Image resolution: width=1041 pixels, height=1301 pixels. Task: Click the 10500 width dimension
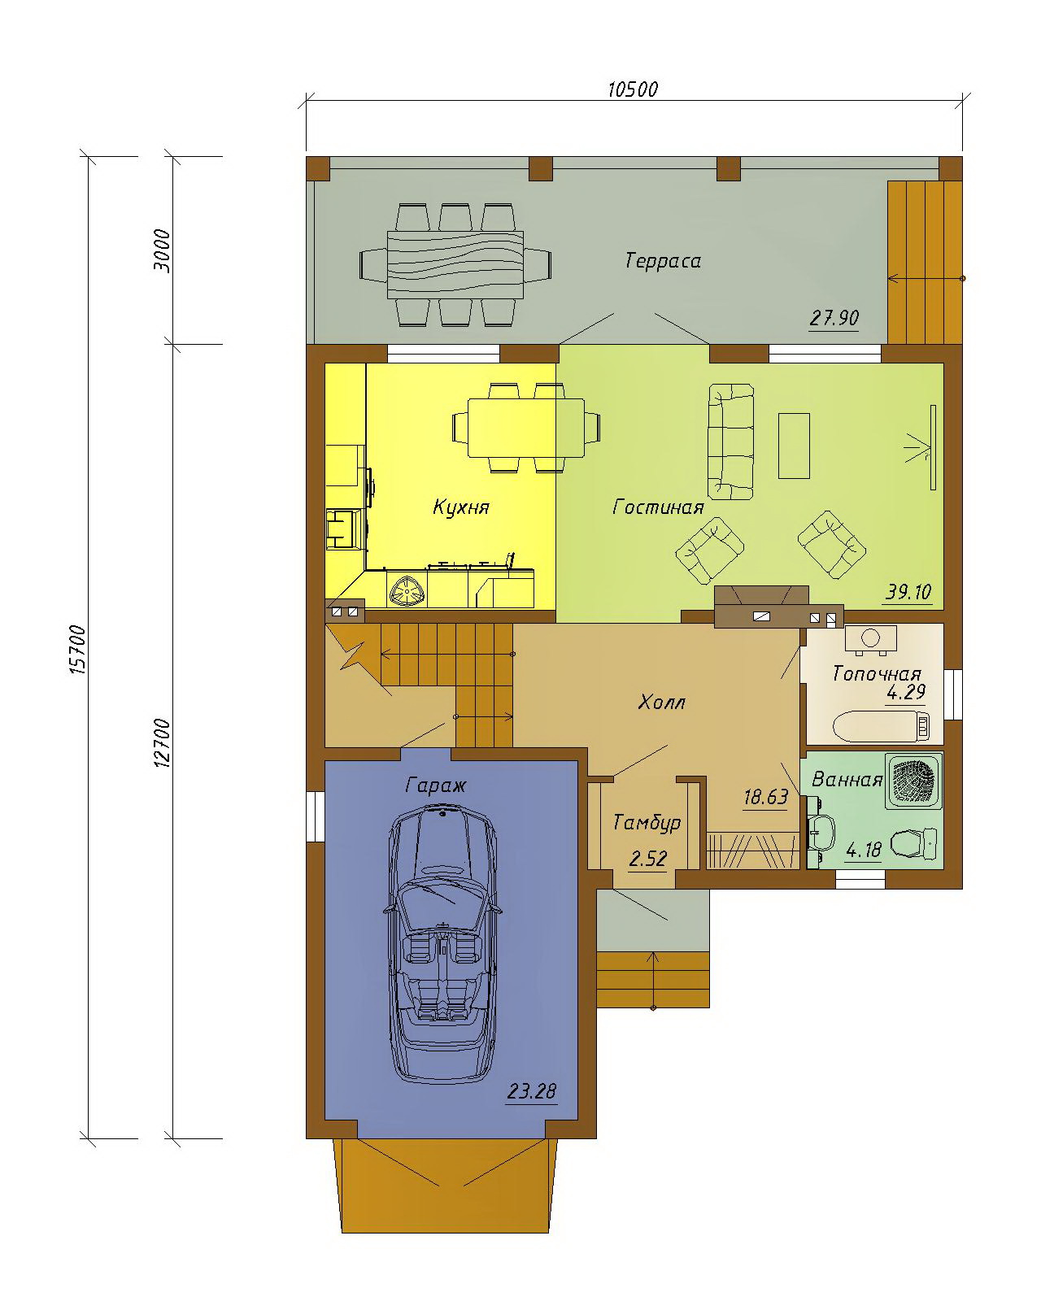point(632,89)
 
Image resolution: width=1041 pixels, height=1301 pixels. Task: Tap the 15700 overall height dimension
point(78,650)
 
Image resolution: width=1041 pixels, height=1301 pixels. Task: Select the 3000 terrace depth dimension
point(162,251)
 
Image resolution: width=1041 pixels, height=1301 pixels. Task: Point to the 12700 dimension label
point(162,742)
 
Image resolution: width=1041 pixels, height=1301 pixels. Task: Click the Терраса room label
point(663,261)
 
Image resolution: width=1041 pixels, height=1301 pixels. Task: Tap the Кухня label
point(461,507)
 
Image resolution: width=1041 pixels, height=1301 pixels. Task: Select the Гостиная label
point(658,507)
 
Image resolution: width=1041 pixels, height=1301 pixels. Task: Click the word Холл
point(662,703)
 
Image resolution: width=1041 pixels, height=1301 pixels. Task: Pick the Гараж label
point(436,786)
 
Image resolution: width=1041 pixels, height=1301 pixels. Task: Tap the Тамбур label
point(647,823)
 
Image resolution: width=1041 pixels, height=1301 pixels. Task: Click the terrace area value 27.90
point(834,318)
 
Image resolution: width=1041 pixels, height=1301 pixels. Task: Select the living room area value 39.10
point(908,592)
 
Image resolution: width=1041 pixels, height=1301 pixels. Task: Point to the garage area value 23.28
point(532,1092)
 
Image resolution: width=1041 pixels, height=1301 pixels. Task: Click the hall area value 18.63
point(766,798)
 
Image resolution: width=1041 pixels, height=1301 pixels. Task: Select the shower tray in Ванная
point(913,781)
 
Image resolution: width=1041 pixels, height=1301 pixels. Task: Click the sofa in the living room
point(730,442)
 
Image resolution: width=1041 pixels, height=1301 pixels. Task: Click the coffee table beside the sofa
point(794,446)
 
